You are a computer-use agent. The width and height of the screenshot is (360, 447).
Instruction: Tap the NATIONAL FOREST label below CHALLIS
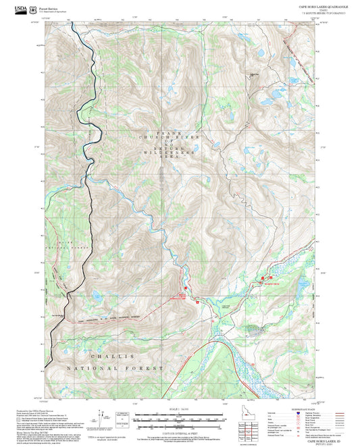point(115,368)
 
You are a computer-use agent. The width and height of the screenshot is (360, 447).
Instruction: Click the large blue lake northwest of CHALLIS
point(99,295)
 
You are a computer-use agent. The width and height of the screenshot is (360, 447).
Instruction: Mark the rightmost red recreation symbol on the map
point(270,277)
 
